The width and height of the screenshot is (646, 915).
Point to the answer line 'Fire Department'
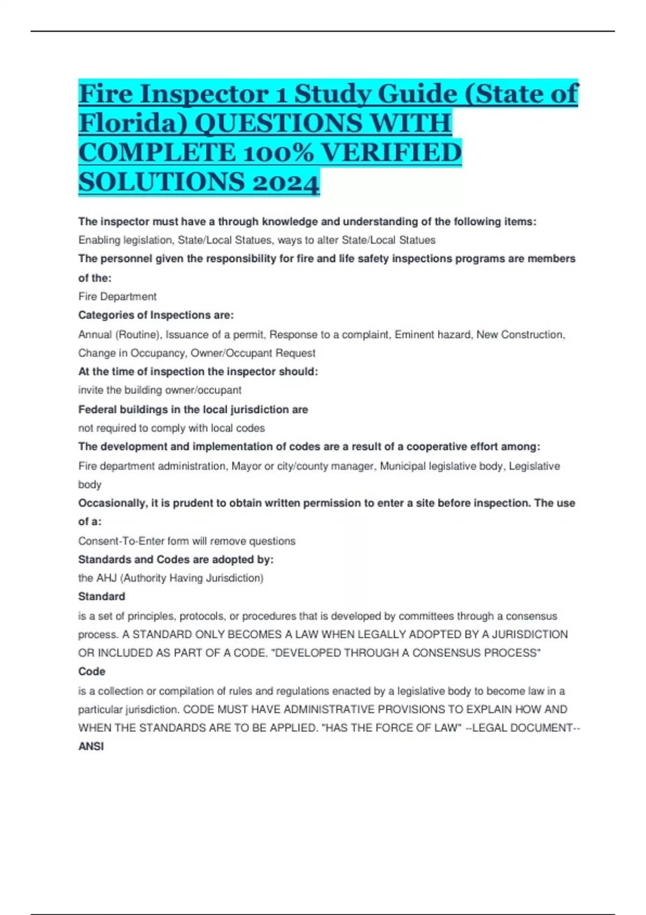(117, 297)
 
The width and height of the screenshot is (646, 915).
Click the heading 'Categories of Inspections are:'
(156, 315)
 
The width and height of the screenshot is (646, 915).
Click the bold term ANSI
(91, 747)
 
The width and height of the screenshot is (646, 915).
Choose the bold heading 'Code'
(92, 672)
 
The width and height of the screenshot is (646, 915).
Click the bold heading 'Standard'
(102, 596)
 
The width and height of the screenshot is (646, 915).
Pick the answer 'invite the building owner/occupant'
(160, 390)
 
